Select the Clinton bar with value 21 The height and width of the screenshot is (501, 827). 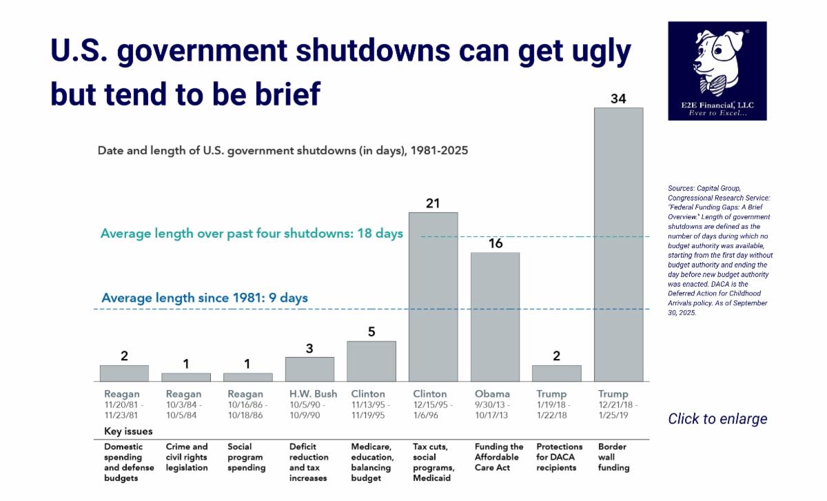coord(433,297)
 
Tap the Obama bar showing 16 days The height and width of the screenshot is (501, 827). coord(495,317)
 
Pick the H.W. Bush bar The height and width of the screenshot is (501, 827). coord(309,369)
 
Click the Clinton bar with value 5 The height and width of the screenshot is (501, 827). coord(371,361)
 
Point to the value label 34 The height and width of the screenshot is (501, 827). coord(618,99)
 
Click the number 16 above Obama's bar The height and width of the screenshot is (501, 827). coord(495,243)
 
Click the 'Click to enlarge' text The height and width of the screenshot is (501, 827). coord(717,419)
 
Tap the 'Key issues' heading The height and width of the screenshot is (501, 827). coord(128,431)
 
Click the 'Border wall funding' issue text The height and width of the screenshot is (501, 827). coord(613,457)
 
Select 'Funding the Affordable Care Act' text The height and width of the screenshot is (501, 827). coord(499,457)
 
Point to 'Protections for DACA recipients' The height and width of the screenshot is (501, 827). coord(559,457)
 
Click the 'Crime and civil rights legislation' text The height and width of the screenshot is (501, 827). coord(187,457)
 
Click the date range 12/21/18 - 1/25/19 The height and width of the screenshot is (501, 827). coord(618,411)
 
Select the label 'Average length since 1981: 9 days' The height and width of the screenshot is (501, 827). coord(205,298)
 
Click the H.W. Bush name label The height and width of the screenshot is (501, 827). coord(314,394)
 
